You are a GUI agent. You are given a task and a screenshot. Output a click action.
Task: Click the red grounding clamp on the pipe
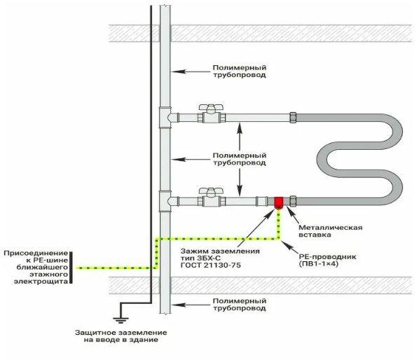pos(279,202)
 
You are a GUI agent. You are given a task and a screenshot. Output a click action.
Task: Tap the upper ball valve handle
pos(211,107)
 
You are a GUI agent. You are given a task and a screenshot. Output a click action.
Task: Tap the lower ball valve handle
pos(211,191)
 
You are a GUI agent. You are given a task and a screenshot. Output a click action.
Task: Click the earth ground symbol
pos(121,320)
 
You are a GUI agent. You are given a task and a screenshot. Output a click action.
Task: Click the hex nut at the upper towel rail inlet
pos(293,118)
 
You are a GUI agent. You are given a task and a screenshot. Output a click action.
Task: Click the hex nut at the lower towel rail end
pos(293,201)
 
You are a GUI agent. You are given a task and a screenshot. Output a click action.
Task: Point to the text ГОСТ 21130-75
pos(211,265)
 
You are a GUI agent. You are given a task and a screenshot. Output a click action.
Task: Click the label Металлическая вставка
pos(330,231)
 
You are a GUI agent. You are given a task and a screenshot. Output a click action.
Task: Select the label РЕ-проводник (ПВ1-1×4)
pos(327,261)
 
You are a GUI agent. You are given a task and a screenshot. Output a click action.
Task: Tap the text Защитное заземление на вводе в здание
pos(121,336)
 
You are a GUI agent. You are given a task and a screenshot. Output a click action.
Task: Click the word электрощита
pos(41,282)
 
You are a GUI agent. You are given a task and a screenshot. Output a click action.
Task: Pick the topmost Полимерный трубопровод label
pos(240,71)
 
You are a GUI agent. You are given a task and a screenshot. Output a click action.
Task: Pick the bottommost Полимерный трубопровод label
pos(240,305)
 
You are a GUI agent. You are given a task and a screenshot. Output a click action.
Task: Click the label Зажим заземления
pos(220,251)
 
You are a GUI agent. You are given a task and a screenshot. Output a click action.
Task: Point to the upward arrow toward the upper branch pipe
pos(240,136)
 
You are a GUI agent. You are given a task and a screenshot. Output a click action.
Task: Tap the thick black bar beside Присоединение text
pos(71,267)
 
